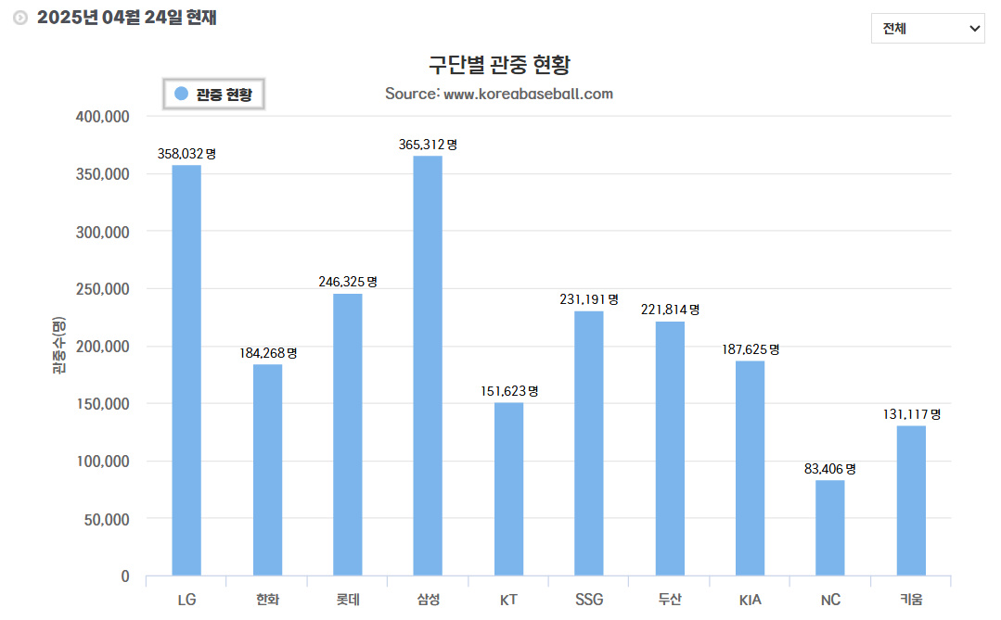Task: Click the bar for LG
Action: [186, 370]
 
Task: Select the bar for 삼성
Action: [428, 365]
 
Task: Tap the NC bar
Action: [830, 527]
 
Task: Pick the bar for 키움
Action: [911, 500]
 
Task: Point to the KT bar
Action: [508, 488]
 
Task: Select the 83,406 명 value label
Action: [830, 469]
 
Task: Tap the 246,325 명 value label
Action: [348, 282]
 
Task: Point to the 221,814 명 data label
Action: [670, 310]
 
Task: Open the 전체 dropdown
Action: [928, 29]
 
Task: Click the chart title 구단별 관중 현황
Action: [499, 65]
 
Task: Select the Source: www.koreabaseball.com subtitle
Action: [499, 94]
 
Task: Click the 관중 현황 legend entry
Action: [214, 94]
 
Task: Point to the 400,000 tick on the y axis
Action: [101, 117]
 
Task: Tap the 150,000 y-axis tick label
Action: [101, 404]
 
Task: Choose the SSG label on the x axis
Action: [589, 600]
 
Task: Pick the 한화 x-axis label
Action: [267, 600]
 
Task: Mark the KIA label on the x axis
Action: [751, 600]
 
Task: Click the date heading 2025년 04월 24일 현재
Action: [126, 18]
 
